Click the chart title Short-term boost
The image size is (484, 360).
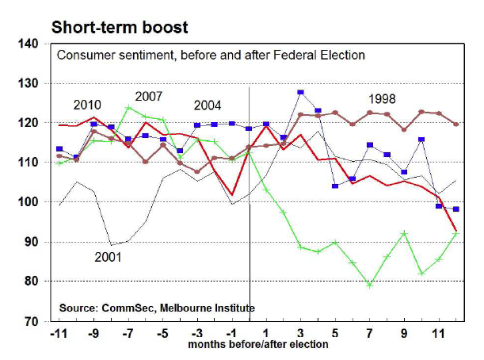click(x=120, y=28)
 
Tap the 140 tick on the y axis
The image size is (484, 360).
click(x=30, y=44)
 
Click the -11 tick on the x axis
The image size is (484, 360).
click(x=59, y=334)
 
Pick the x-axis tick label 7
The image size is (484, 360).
click(x=369, y=334)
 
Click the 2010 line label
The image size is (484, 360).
click(x=87, y=105)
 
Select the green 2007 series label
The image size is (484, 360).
click(x=148, y=97)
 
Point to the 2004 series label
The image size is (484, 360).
click(x=208, y=105)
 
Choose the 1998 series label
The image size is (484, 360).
click(x=383, y=99)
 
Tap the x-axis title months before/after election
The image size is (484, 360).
click(x=257, y=346)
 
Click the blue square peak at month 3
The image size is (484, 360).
click(x=300, y=93)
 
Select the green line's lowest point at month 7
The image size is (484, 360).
click(x=369, y=285)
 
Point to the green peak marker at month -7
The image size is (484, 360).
click(x=128, y=108)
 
